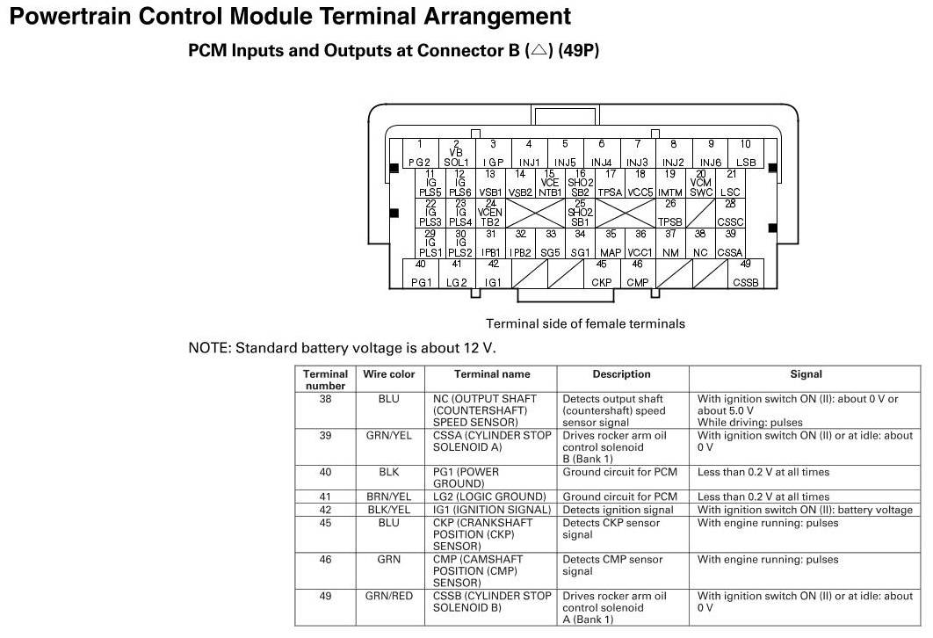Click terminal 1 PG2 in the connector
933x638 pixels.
tap(420, 153)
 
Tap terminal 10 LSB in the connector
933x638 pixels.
tap(746, 153)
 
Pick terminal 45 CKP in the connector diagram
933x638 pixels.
tap(602, 273)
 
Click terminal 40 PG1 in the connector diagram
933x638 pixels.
tap(422, 273)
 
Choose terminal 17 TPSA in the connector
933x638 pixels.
tap(610, 183)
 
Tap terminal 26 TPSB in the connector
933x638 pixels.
tap(670, 213)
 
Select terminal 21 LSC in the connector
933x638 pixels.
tap(730, 183)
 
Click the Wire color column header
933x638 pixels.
tap(389, 374)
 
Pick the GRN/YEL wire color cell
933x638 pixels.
tap(389, 435)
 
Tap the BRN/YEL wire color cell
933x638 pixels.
tap(389, 497)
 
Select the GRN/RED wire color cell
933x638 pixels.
tap(389, 596)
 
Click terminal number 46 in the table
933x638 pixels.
tap(325, 560)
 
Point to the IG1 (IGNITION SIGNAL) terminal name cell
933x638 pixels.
tap(492, 510)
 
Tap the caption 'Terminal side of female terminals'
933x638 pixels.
tap(585, 323)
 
